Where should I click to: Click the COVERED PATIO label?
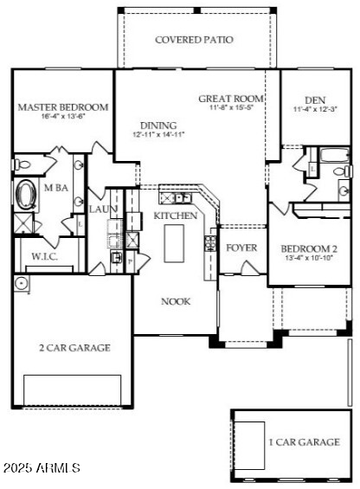[194, 40]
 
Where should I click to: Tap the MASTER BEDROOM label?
[63, 107]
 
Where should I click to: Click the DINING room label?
[155, 125]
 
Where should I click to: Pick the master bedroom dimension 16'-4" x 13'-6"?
[63, 118]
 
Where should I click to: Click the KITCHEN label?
[176, 216]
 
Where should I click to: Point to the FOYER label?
[241, 248]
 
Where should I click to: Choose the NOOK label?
[176, 301]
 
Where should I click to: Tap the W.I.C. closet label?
[44, 256]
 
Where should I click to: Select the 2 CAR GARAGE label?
[74, 348]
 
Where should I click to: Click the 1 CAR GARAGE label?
[303, 442]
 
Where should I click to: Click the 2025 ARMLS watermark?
[42, 468]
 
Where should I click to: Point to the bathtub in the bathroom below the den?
[333, 157]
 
